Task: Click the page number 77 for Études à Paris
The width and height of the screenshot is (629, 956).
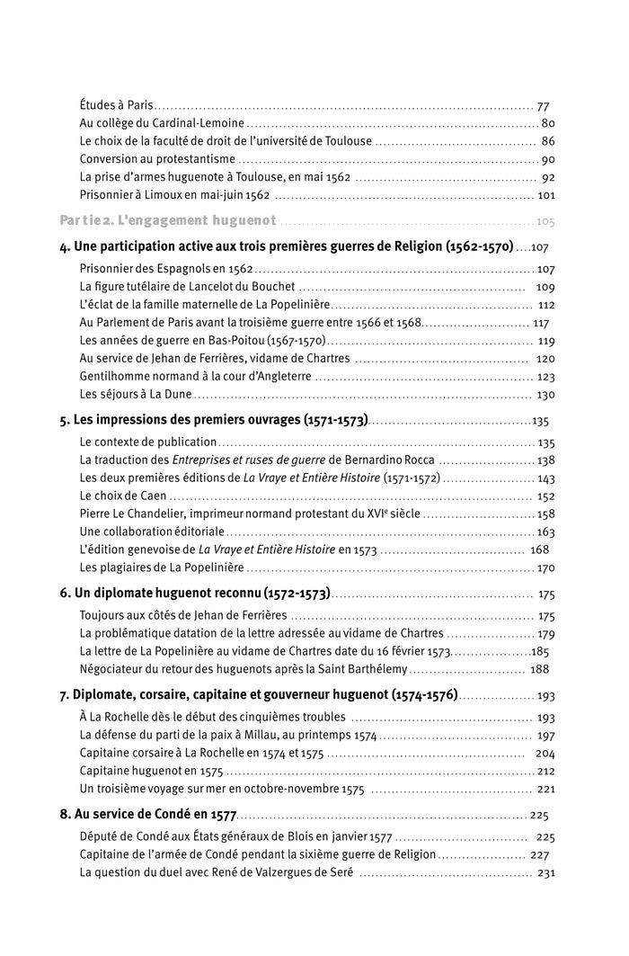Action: [543, 105]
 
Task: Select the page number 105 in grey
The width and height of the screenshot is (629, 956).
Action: [545, 221]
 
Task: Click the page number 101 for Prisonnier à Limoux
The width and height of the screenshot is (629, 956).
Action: [545, 195]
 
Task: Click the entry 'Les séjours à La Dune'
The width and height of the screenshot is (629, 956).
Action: [135, 394]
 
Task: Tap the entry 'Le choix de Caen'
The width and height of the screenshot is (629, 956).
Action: [123, 496]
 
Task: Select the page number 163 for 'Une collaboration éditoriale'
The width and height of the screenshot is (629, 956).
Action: [545, 532]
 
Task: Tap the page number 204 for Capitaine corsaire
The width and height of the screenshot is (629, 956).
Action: [545, 754]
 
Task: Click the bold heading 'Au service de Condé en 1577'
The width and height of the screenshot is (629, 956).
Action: [154, 816]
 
